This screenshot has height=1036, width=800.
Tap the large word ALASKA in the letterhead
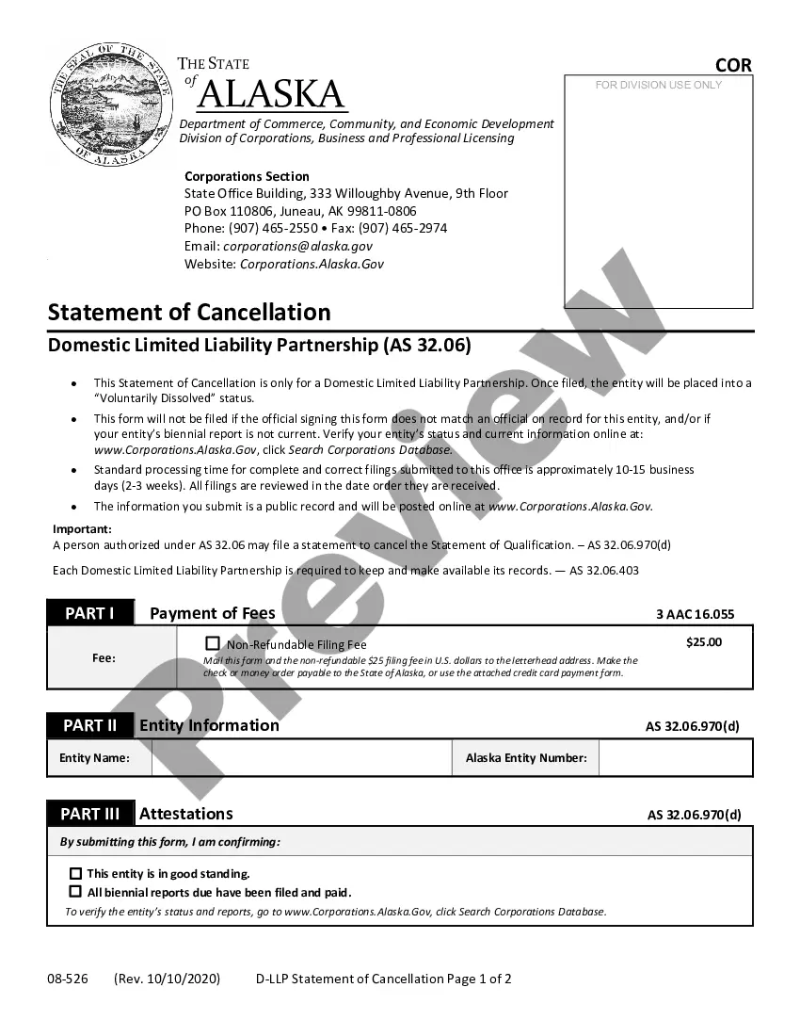(x=272, y=94)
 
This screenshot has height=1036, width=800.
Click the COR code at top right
(x=733, y=65)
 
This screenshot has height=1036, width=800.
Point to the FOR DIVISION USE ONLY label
(x=659, y=85)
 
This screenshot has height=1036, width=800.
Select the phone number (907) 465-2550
(x=273, y=228)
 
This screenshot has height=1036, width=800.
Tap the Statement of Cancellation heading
(x=189, y=312)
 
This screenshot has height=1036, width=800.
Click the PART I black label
(x=90, y=613)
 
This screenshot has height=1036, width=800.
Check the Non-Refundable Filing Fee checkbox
(x=213, y=644)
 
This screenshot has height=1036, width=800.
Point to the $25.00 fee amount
(x=704, y=642)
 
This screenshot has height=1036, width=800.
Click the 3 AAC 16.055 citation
(x=695, y=614)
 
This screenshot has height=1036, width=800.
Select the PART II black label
(x=90, y=725)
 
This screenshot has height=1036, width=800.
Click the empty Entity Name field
(x=301, y=757)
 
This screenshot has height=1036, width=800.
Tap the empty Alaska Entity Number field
(x=675, y=757)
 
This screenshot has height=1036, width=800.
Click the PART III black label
(x=90, y=814)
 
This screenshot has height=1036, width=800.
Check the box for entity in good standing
(x=75, y=873)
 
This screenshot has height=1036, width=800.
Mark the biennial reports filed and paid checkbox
(x=75, y=891)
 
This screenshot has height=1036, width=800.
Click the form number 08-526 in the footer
(x=68, y=979)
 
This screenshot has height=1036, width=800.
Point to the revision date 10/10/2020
(x=183, y=979)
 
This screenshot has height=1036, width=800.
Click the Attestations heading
(x=186, y=814)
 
